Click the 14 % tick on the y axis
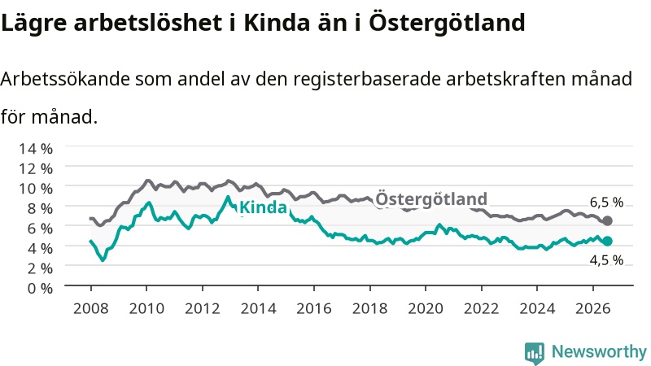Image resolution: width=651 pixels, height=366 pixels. [x=36, y=149]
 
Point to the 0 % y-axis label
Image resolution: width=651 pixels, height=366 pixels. [x=40, y=288]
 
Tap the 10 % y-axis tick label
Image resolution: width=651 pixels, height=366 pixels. [x=36, y=189]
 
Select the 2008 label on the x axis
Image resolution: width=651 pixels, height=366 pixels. [x=90, y=308]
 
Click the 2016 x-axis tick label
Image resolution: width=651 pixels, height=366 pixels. [x=314, y=308]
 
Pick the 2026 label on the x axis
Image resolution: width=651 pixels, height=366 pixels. [x=593, y=308]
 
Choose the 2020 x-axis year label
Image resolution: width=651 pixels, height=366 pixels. [x=426, y=308]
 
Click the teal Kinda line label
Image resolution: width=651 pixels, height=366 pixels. [x=263, y=207]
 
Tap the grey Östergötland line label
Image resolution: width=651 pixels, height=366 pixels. [x=431, y=198]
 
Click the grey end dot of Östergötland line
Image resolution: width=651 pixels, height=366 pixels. [x=607, y=220]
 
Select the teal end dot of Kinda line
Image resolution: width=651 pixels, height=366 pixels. [x=607, y=241]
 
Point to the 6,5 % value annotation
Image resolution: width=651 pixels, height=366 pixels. [x=606, y=202]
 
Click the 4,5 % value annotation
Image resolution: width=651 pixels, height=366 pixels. [x=606, y=260]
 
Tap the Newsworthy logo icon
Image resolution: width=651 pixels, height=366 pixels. [x=535, y=353]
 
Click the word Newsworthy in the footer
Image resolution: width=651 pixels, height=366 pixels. [x=599, y=352]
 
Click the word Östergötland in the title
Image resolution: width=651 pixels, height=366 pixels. [x=447, y=23]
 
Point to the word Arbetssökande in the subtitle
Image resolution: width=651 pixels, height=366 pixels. [x=66, y=79]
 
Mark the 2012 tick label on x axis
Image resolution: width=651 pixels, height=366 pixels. [x=202, y=308]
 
